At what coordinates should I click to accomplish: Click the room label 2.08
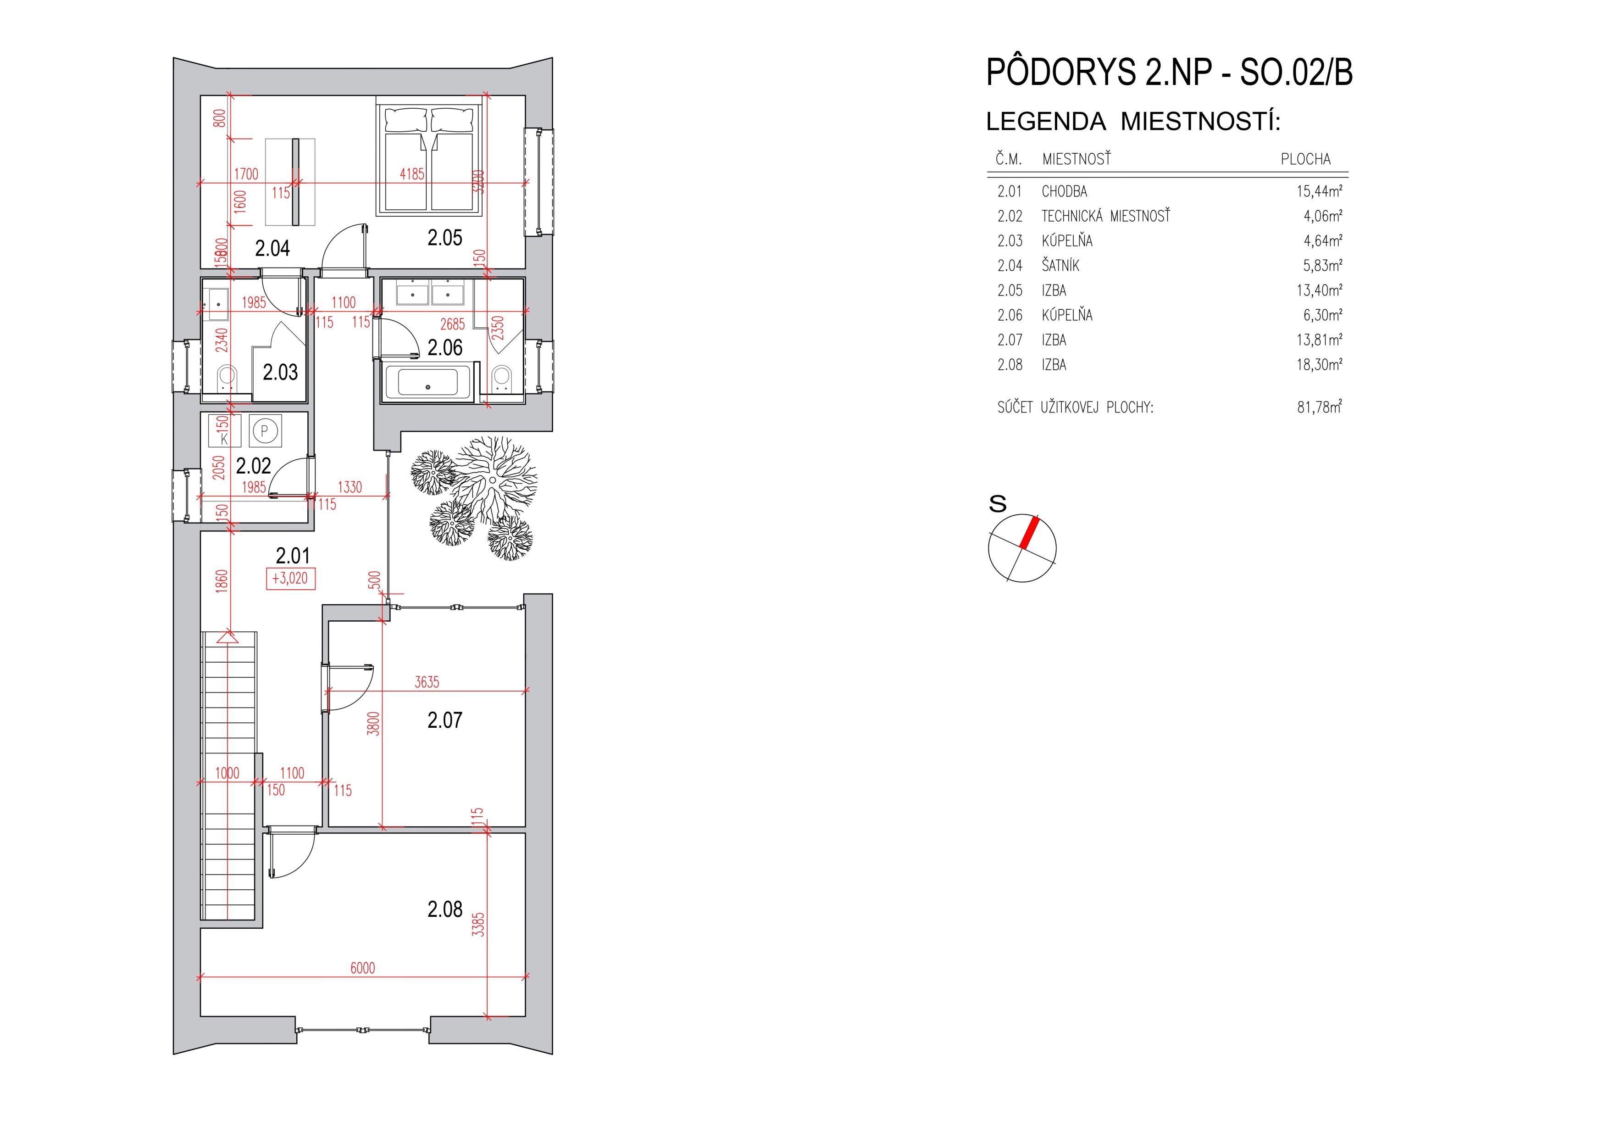tap(445, 909)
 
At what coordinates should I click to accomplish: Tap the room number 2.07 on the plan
tap(445, 720)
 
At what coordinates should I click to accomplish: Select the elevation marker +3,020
tap(290, 579)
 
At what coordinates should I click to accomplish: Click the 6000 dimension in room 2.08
tap(362, 968)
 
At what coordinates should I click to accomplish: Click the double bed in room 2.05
tap(430, 159)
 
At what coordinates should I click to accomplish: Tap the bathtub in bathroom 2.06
tap(428, 382)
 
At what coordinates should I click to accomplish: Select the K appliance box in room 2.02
tap(224, 430)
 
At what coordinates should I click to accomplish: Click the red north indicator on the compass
tap(1029, 533)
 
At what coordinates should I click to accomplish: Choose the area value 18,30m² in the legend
tap(1320, 365)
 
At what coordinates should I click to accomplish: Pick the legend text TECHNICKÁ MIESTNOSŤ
tap(1106, 216)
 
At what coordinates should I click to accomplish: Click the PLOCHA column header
tap(1305, 159)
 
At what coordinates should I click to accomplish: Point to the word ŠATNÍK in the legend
tap(1060, 266)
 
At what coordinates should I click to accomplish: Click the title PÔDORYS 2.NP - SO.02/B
tap(1169, 72)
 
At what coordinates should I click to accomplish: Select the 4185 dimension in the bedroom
tap(412, 174)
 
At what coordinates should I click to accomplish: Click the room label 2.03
tap(280, 372)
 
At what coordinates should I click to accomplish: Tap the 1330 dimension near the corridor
tap(350, 486)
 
